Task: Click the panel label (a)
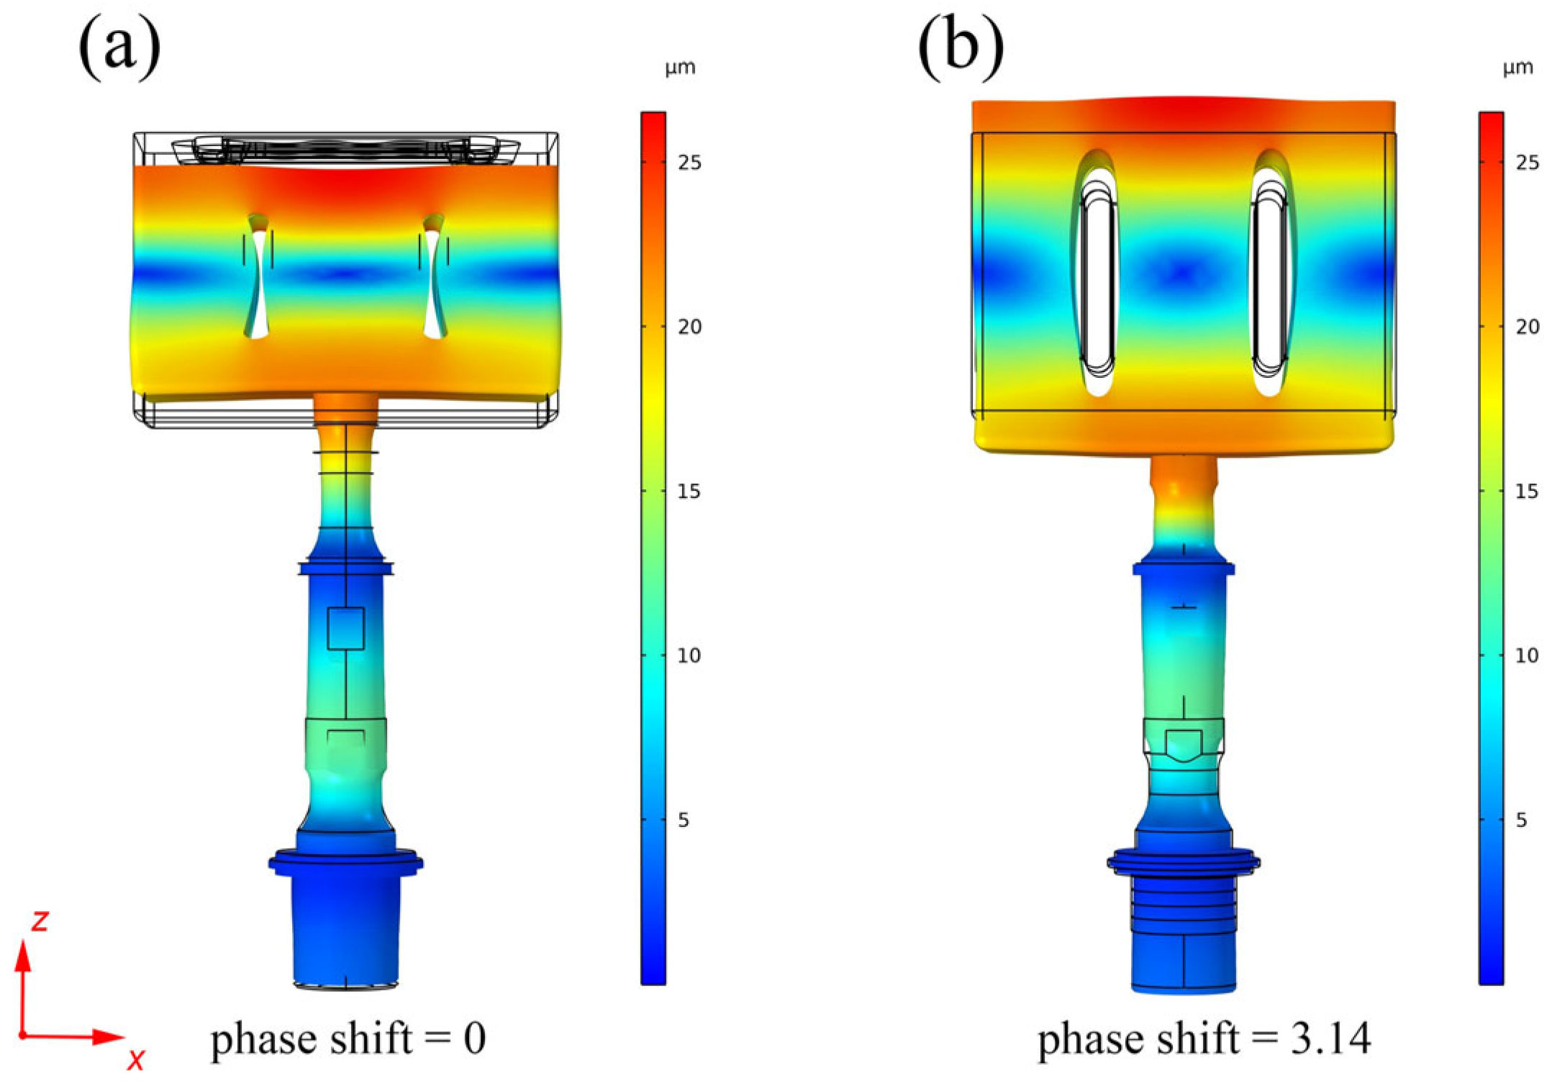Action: coord(119,47)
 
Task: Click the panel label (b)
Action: coord(961,47)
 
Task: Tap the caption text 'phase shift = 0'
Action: coord(348,1039)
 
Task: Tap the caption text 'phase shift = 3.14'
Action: coord(1204,1039)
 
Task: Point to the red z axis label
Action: coord(40,921)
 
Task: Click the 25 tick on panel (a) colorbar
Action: coord(689,163)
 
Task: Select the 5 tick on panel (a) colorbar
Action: coord(684,820)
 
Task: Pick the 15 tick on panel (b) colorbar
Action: coord(1527,492)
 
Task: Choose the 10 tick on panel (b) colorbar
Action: coord(1527,656)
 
